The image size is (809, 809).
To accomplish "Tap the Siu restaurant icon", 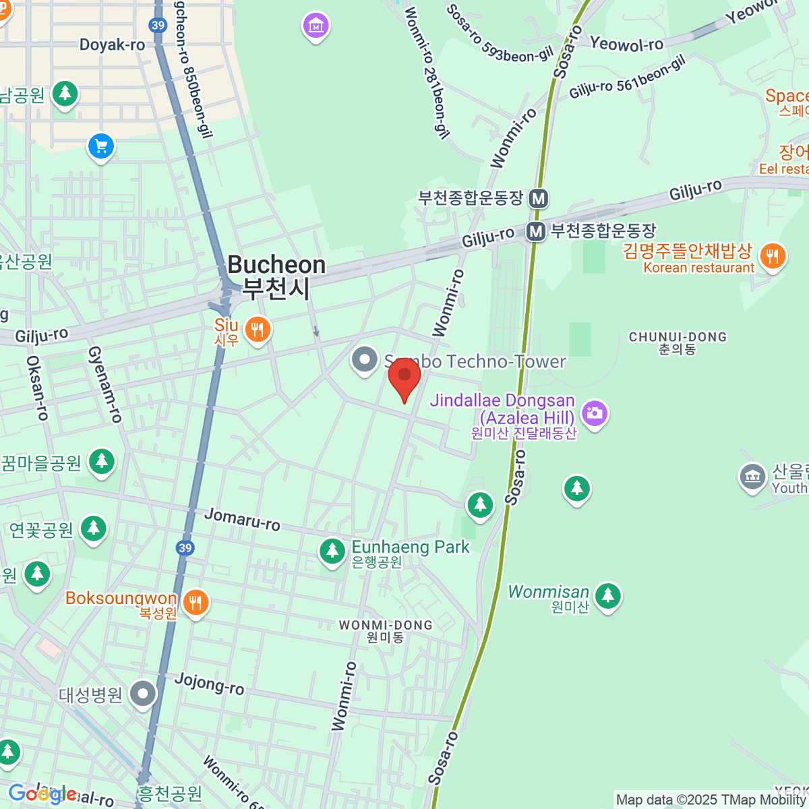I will click(x=257, y=330).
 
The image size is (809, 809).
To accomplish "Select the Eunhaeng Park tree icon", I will click(x=332, y=551).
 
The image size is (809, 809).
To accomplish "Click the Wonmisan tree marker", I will click(x=608, y=595).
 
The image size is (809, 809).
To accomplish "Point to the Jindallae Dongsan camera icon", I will click(x=595, y=413).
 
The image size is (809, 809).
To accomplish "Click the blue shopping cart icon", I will click(x=101, y=146).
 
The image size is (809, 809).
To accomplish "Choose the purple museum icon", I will click(x=316, y=26).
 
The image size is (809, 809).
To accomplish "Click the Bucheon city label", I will click(x=276, y=276).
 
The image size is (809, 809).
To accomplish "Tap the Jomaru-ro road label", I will click(x=242, y=519).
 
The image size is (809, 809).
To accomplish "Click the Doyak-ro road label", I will click(x=112, y=45).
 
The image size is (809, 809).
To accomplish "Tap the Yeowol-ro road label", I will click(x=626, y=44).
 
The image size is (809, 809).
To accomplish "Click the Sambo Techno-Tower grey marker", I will click(x=365, y=360).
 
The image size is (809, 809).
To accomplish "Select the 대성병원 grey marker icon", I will click(x=143, y=694).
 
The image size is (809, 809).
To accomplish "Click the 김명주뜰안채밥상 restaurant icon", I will click(x=773, y=257).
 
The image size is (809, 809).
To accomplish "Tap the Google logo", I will click(x=42, y=793).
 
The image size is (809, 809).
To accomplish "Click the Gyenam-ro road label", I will click(x=105, y=384).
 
